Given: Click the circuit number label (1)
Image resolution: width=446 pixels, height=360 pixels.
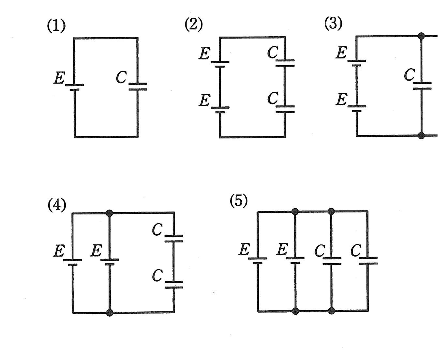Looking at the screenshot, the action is click(56, 26).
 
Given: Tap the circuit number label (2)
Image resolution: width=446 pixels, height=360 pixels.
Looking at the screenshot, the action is click(194, 25).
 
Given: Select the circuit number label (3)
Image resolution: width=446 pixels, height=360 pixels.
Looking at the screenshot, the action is click(333, 23).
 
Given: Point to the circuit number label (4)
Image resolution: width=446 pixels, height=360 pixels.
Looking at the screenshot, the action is click(57, 205).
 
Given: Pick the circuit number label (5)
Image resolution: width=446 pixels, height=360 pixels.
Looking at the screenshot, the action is click(239, 200).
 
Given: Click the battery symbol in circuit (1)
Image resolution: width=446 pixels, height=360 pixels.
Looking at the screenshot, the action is click(75, 87).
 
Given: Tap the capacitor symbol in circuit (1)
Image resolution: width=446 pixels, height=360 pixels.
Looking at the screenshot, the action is click(138, 86).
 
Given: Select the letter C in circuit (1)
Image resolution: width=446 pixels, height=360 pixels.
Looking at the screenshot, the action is click(122, 77).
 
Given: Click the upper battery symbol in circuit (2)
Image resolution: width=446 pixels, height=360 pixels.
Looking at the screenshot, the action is click(220, 64).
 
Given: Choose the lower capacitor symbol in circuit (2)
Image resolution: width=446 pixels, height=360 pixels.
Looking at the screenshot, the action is click(285, 109).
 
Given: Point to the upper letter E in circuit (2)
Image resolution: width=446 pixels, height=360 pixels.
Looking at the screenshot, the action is click(205, 53).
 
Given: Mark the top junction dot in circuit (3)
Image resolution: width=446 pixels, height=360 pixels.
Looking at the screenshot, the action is click(421, 36).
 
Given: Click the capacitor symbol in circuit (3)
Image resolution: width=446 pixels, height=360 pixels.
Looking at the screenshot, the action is click(422, 86).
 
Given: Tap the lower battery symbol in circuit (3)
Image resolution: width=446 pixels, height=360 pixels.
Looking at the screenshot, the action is click(357, 108).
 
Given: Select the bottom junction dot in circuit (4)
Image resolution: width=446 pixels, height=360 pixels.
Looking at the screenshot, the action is click(110, 312).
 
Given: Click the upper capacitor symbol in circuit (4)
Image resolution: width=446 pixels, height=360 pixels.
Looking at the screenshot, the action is click(174, 238).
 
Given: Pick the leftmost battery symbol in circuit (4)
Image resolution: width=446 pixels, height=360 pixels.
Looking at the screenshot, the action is click(72, 262).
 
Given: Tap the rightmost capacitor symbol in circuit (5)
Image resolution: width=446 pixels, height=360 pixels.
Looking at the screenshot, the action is click(368, 260).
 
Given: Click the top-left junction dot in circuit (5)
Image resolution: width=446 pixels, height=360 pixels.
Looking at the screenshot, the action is click(295, 211).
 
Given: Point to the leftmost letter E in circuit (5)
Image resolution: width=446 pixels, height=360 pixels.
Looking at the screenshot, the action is click(244, 249).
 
